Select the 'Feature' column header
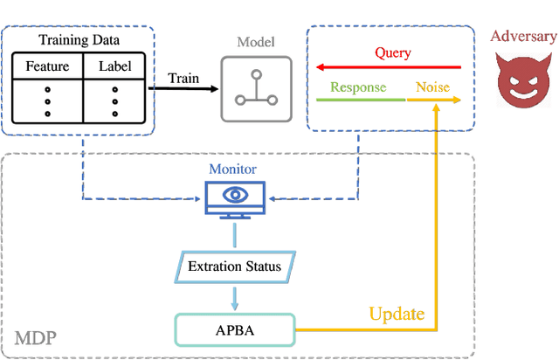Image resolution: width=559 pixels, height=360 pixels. (x=47, y=66)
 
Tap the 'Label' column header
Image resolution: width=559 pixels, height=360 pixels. (x=114, y=66)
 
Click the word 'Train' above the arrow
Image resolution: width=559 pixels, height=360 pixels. (x=183, y=78)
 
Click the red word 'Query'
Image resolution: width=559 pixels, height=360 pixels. (x=392, y=52)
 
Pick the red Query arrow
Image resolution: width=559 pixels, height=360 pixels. (x=388, y=66)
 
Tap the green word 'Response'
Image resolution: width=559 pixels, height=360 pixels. (x=359, y=87)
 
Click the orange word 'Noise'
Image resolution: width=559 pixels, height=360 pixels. (x=431, y=87)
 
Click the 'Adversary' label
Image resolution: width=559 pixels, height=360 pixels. (x=522, y=36)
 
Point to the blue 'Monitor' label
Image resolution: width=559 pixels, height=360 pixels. (x=234, y=169)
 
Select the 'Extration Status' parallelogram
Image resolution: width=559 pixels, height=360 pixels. (x=235, y=266)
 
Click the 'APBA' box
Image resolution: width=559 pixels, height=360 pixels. (x=235, y=329)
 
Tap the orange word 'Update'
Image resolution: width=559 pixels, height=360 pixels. (x=397, y=313)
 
